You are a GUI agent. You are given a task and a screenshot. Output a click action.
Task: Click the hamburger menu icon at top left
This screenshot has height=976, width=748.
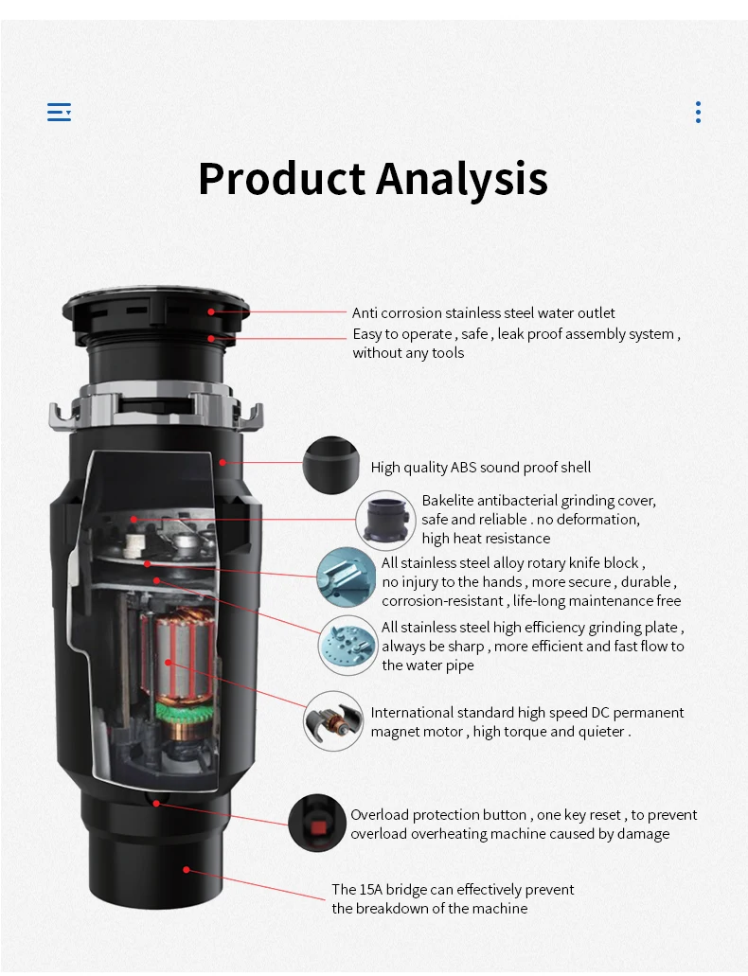pyautogui.click(x=59, y=113)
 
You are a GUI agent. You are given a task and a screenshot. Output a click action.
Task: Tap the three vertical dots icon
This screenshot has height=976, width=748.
pyautogui.click(x=698, y=113)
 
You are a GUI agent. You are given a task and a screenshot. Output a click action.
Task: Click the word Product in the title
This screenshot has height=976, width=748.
pyautogui.click(x=281, y=178)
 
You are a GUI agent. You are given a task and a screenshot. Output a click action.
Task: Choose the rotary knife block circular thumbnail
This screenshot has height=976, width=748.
pyautogui.click(x=346, y=577)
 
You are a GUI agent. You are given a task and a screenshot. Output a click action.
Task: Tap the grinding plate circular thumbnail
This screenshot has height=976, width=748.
pyautogui.click(x=347, y=645)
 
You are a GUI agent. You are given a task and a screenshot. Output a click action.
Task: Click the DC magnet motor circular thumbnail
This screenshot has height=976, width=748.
pyautogui.click(x=333, y=721)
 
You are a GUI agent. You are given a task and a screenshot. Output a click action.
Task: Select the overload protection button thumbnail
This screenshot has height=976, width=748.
pyautogui.click(x=316, y=823)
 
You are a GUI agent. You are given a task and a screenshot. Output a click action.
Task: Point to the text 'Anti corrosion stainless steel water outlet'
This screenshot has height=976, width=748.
pyautogui.click(x=483, y=313)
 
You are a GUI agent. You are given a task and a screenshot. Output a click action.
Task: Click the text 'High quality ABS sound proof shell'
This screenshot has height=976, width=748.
pyautogui.click(x=480, y=467)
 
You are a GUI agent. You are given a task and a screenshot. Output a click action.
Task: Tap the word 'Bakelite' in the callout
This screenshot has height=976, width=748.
pyautogui.click(x=449, y=501)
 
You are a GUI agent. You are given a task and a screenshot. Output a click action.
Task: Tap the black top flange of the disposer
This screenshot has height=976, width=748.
pyautogui.click(x=156, y=308)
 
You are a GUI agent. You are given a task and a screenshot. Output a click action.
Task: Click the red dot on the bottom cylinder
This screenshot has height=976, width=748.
pyautogui.click(x=187, y=868)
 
